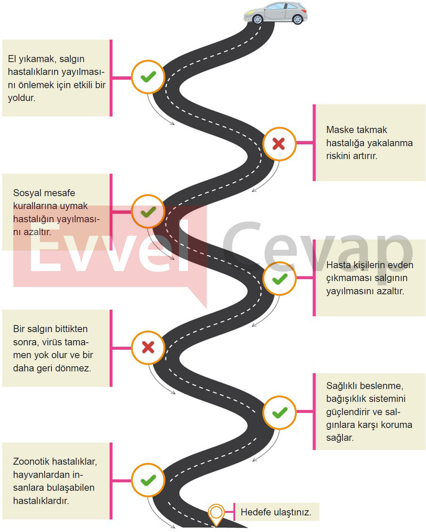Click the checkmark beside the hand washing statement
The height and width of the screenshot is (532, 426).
(148, 77)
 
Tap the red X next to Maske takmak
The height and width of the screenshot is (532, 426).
(279, 144)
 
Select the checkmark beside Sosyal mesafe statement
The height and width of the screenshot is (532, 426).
(148, 212)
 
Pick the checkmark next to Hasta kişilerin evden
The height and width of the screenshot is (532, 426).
(280, 279)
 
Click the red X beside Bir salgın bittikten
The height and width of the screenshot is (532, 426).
(148, 347)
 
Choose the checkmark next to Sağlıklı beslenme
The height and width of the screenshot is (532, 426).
(280, 413)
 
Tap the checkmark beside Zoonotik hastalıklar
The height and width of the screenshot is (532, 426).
(148, 480)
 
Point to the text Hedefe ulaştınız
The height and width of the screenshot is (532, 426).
(276, 512)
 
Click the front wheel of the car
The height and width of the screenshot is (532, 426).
(257, 19)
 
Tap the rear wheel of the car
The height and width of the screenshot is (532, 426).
(298, 19)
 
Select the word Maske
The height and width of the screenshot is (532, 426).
(340, 129)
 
